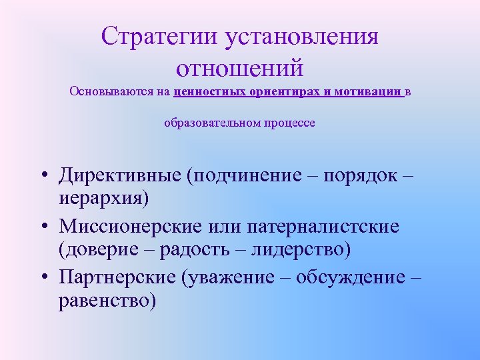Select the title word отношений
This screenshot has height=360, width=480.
click(240, 67)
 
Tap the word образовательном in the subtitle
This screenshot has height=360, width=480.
click(209, 123)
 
